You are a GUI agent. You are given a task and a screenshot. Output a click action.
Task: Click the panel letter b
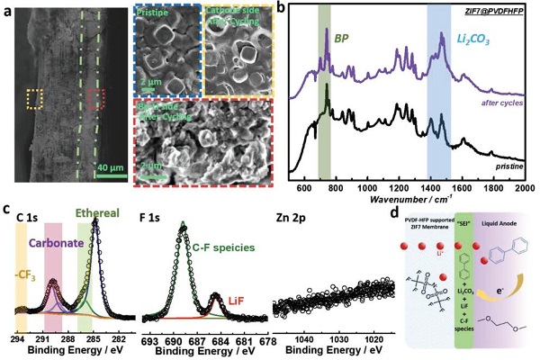click(x=282, y=12)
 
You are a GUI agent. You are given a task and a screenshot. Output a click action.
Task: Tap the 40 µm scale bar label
click(x=111, y=167)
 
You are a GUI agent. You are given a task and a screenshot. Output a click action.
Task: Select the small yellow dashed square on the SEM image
click(x=35, y=98)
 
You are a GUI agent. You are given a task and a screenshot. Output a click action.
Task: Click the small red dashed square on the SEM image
click(x=95, y=98)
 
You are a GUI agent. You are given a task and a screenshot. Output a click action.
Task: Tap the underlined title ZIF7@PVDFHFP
click(x=495, y=9)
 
